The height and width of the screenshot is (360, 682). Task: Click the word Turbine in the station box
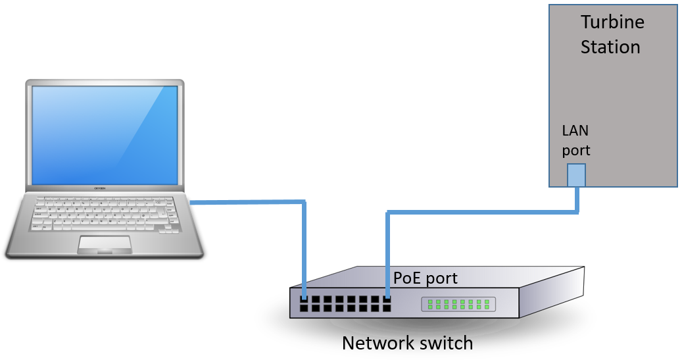point(612,22)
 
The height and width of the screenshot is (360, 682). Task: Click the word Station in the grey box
point(610,47)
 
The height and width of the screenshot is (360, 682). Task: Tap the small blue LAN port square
point(576,175)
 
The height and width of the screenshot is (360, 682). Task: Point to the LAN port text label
point(575,140)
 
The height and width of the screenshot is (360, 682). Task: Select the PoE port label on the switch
point(426,278)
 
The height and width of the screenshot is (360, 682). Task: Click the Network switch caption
point(407,343)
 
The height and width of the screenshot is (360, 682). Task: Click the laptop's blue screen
point(105,135)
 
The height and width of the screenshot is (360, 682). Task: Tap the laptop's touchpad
point(105,244)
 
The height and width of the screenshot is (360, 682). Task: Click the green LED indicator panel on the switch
point(459,304)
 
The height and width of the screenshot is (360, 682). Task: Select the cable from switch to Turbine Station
point(480,212)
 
